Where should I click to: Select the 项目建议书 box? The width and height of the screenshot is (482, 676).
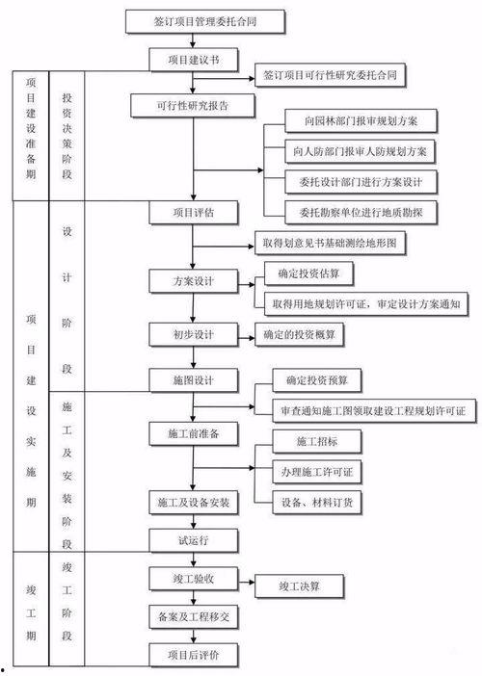[x=193, y=60]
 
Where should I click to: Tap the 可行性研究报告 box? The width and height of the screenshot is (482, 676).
[x=193, y=104]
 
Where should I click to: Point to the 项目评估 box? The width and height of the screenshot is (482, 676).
[x=193, y=212]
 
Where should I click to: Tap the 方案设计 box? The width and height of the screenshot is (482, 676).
[x=193, y=281]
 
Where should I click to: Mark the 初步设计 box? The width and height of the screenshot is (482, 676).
[x=193, y=334]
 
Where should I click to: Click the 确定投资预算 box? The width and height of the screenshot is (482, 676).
[x=312, y=380]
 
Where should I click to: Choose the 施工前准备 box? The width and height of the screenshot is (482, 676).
[x=193, y=434]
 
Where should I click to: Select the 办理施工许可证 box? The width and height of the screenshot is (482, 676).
[x=316, y=472]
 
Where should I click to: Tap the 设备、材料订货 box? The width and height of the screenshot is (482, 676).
[x=316, y=501]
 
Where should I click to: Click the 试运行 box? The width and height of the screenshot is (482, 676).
[x=193, y=539]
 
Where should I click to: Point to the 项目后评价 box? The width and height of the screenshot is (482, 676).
[x=193, y=655]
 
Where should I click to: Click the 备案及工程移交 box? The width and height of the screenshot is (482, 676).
[x=193, y=613]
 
